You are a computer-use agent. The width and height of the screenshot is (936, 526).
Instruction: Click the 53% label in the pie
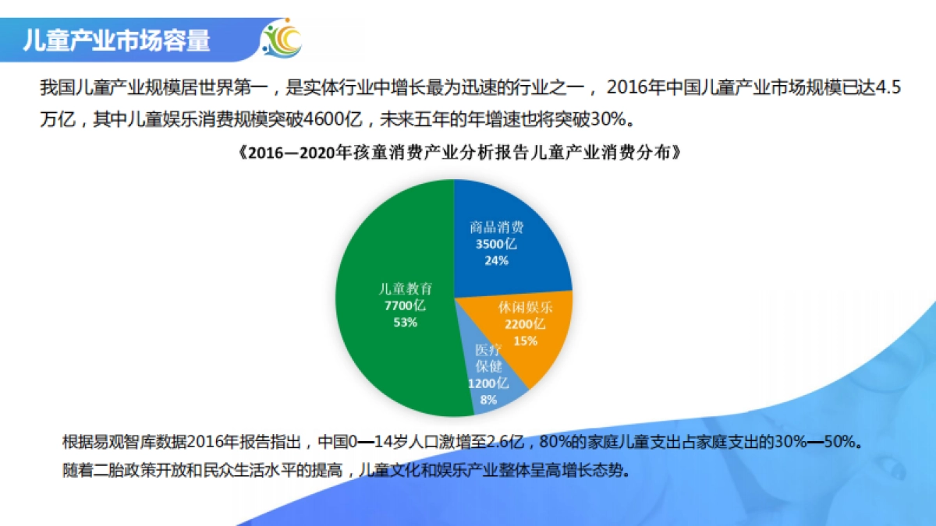pyautogui.click(x=405, y=322)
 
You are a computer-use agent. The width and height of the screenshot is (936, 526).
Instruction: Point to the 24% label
pyautogui.click(x=496, y=260)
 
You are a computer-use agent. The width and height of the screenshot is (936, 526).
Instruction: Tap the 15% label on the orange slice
pyautogui.click(x=526, y=340)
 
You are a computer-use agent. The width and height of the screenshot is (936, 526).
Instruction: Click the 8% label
pyautogui.click(x=488, y=400)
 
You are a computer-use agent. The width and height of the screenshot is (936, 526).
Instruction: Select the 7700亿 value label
pyautogui.click(x=405, y=305)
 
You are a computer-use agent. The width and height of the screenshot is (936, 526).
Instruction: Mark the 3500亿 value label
pyautogui.click(x=496, y=244)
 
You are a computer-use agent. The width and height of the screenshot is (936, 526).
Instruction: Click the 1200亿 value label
pyautogui.click(x=488, y=383)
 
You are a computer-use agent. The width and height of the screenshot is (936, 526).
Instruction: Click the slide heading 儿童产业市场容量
pyautogui.click(x=117, y=40)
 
